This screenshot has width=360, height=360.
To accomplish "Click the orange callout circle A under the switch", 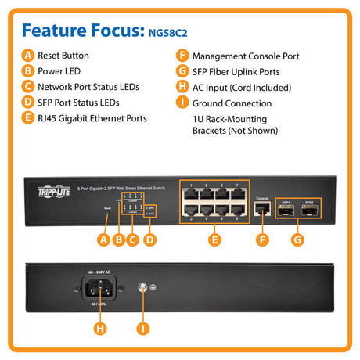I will tap(103, 239).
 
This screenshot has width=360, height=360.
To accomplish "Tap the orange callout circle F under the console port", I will tap(263, 239).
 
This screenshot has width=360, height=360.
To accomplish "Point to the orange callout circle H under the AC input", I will tap(100, 329).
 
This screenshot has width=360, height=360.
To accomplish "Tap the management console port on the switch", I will tap(263, 211).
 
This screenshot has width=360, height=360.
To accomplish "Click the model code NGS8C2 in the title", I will tap(171, 33).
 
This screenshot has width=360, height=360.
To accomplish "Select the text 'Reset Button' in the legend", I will tap(63, 56).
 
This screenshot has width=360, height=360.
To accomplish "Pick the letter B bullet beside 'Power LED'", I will tap(29, 72).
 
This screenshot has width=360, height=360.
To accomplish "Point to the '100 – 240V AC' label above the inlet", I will tap(99, 271).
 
